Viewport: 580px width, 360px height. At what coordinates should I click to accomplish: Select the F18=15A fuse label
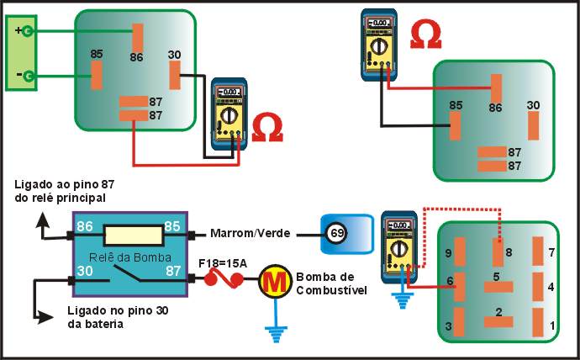(222, 262)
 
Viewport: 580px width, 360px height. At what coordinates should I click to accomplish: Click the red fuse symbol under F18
(224, 277)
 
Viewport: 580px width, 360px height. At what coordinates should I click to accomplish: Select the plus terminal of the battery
(28, 32)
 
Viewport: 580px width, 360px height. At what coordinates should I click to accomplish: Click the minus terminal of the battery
(28, 77)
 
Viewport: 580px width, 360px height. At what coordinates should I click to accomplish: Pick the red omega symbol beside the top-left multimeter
(267, 127)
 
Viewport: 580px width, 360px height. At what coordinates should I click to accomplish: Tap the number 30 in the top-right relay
(533, 105)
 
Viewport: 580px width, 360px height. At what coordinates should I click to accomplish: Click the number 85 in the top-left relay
(97, 55)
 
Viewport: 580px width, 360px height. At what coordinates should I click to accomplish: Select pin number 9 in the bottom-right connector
(449, 252)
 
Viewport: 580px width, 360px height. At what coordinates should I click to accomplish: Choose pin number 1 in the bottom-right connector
(551, 325)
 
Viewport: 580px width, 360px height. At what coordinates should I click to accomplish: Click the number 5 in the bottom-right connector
(496, 276)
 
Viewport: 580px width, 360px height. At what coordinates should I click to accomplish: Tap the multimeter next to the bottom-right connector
(399, 243)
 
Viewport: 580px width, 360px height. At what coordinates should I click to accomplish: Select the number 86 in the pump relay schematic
(84, 225)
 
